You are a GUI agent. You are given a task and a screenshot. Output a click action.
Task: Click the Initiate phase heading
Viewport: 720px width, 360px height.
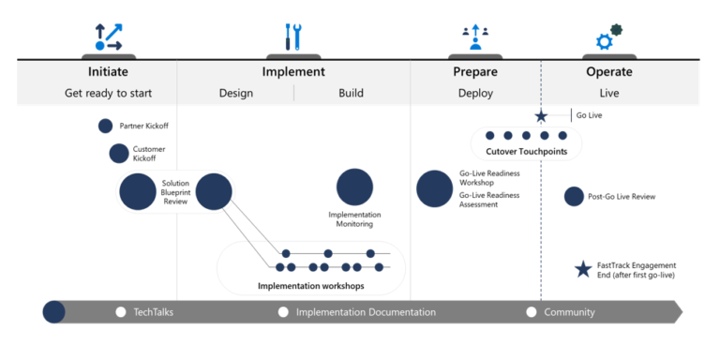108,71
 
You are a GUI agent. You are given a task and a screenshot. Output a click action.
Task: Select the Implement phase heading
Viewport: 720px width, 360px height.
293,71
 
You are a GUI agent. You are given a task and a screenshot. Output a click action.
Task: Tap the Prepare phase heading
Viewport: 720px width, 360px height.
474,71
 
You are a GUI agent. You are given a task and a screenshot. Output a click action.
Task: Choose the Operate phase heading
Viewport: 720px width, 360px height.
608,71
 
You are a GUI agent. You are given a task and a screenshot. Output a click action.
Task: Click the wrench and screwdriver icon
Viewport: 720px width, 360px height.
293,37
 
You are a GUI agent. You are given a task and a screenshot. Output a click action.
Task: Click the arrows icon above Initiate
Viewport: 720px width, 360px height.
108,37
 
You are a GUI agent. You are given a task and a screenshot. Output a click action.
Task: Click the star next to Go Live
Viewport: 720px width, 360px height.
541,116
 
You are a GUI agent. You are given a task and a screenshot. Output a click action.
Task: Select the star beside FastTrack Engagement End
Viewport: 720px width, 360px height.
582,270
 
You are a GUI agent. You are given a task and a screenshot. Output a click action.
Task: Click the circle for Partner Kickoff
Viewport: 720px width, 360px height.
106,126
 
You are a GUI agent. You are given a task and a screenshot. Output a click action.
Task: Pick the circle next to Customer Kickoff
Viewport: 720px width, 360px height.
119,153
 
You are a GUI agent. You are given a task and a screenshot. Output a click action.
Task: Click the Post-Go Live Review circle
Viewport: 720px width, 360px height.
574,196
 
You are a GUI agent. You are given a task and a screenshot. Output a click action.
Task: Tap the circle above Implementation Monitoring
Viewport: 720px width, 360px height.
354,187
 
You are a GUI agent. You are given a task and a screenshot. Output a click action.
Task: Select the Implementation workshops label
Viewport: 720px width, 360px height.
311,286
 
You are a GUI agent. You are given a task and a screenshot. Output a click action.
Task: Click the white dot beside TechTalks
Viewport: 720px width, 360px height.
120,312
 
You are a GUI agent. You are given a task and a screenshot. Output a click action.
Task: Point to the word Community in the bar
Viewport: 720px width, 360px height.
569,312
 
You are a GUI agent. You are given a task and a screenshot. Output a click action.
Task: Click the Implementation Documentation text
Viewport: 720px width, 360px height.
366,312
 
